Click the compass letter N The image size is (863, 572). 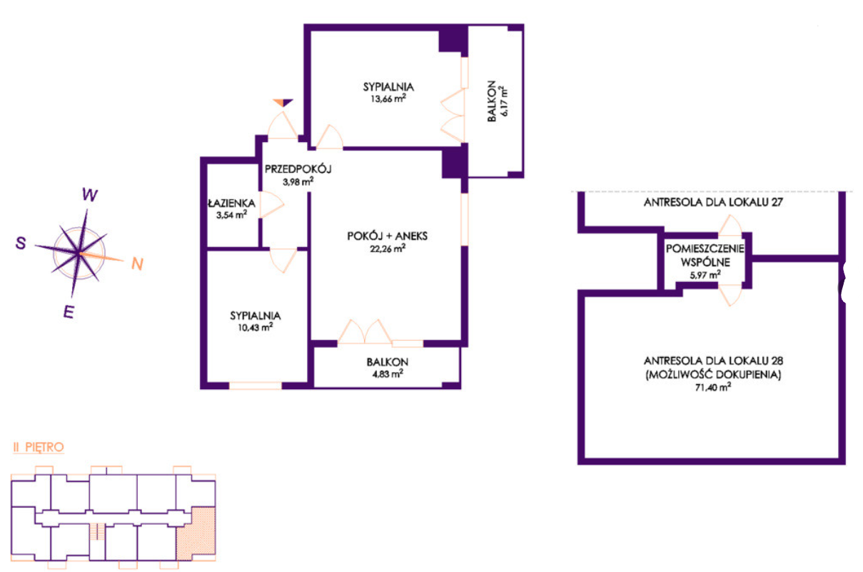tap(137, 264)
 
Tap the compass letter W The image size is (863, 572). tap(90, 195)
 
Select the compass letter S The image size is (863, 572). tap(21, 243)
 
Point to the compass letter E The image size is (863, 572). tap(69, 312)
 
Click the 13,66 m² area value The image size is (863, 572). tap(388, 99)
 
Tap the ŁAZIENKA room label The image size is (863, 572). tap(231, 203)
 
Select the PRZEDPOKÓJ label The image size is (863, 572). tap(298, 169)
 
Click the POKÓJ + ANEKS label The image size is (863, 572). tap(387, 236)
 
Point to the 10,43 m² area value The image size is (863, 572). tap(256, 327)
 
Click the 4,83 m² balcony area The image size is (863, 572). tap(388, 373)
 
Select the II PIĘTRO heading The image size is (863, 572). tap(39, 447)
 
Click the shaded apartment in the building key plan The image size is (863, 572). tap(196, 534)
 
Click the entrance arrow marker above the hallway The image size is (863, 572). tap(283, 103)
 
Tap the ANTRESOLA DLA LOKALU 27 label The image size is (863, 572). tap(713, 202)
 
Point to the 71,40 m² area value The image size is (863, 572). tap(713, 387)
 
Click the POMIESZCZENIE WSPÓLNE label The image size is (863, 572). tap(705, 255)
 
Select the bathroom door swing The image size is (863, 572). tap(272, 204)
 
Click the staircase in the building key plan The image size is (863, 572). tap(97, 532)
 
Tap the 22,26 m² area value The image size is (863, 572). tap(388, 249)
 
